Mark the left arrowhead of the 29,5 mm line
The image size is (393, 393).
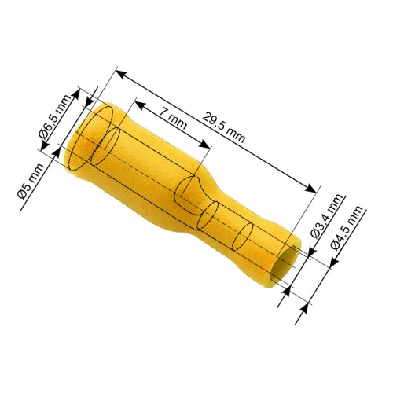pyautogui.click(x=119, y=74)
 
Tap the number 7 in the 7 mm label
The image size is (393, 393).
pyautogui.click(x=161, y=112)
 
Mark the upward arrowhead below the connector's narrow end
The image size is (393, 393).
pyautogui.click(x=285, y=292)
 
